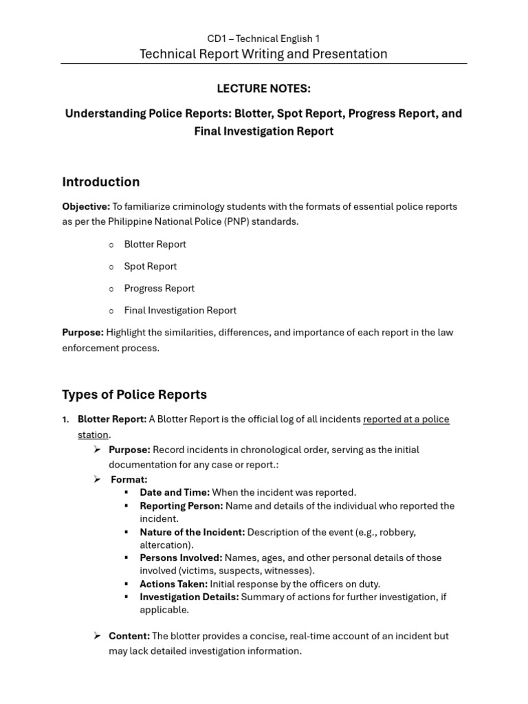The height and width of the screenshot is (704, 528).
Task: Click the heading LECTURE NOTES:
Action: (x=263, y=89)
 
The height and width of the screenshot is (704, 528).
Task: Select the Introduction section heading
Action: (x=100, y=182)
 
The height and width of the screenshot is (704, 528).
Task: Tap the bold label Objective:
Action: (x=86, y=206)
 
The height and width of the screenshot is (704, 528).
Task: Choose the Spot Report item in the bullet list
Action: (x=150, y=266)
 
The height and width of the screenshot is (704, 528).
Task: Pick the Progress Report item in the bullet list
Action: (x=159, y=288)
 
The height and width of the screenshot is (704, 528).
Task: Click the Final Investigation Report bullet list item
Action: (x=180, y=310)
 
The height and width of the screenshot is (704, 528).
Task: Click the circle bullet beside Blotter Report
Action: (x=111, y=245)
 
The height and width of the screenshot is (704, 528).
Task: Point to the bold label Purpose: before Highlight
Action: (x=82, y=332)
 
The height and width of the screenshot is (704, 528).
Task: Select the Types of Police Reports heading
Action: (x=134, y=395)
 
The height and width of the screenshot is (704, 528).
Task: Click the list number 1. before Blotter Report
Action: (x=66, y=419)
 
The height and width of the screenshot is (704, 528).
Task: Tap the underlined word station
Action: (x=93, y=434)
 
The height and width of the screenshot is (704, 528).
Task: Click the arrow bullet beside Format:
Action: (x=97, y=479)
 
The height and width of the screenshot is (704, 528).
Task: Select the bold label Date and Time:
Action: (x=175, y=492)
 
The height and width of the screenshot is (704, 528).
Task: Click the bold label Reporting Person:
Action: (x=181, y=506)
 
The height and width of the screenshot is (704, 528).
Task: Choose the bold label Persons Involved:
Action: (x=181, y=558)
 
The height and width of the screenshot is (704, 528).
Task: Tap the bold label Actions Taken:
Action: (x=173, y=584)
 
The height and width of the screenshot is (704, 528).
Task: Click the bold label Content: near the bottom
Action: (x=129, y=636)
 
